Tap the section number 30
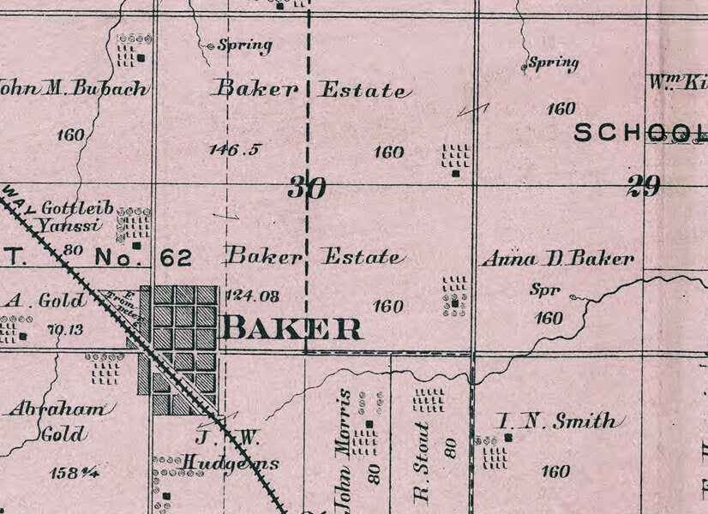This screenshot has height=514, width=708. [x=306, y=187]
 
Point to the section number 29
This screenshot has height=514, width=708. [x=642, y=185]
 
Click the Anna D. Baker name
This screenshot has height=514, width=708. [x=558, y=258]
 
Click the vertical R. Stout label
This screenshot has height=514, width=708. [x=421, y=463]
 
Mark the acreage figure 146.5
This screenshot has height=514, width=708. [x=234, y=150]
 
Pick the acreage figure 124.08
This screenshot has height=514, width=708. [x=251, y=296]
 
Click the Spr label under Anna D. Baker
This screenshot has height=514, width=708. [x=543, y=291]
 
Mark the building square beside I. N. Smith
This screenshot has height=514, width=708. [x=508, y=437]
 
